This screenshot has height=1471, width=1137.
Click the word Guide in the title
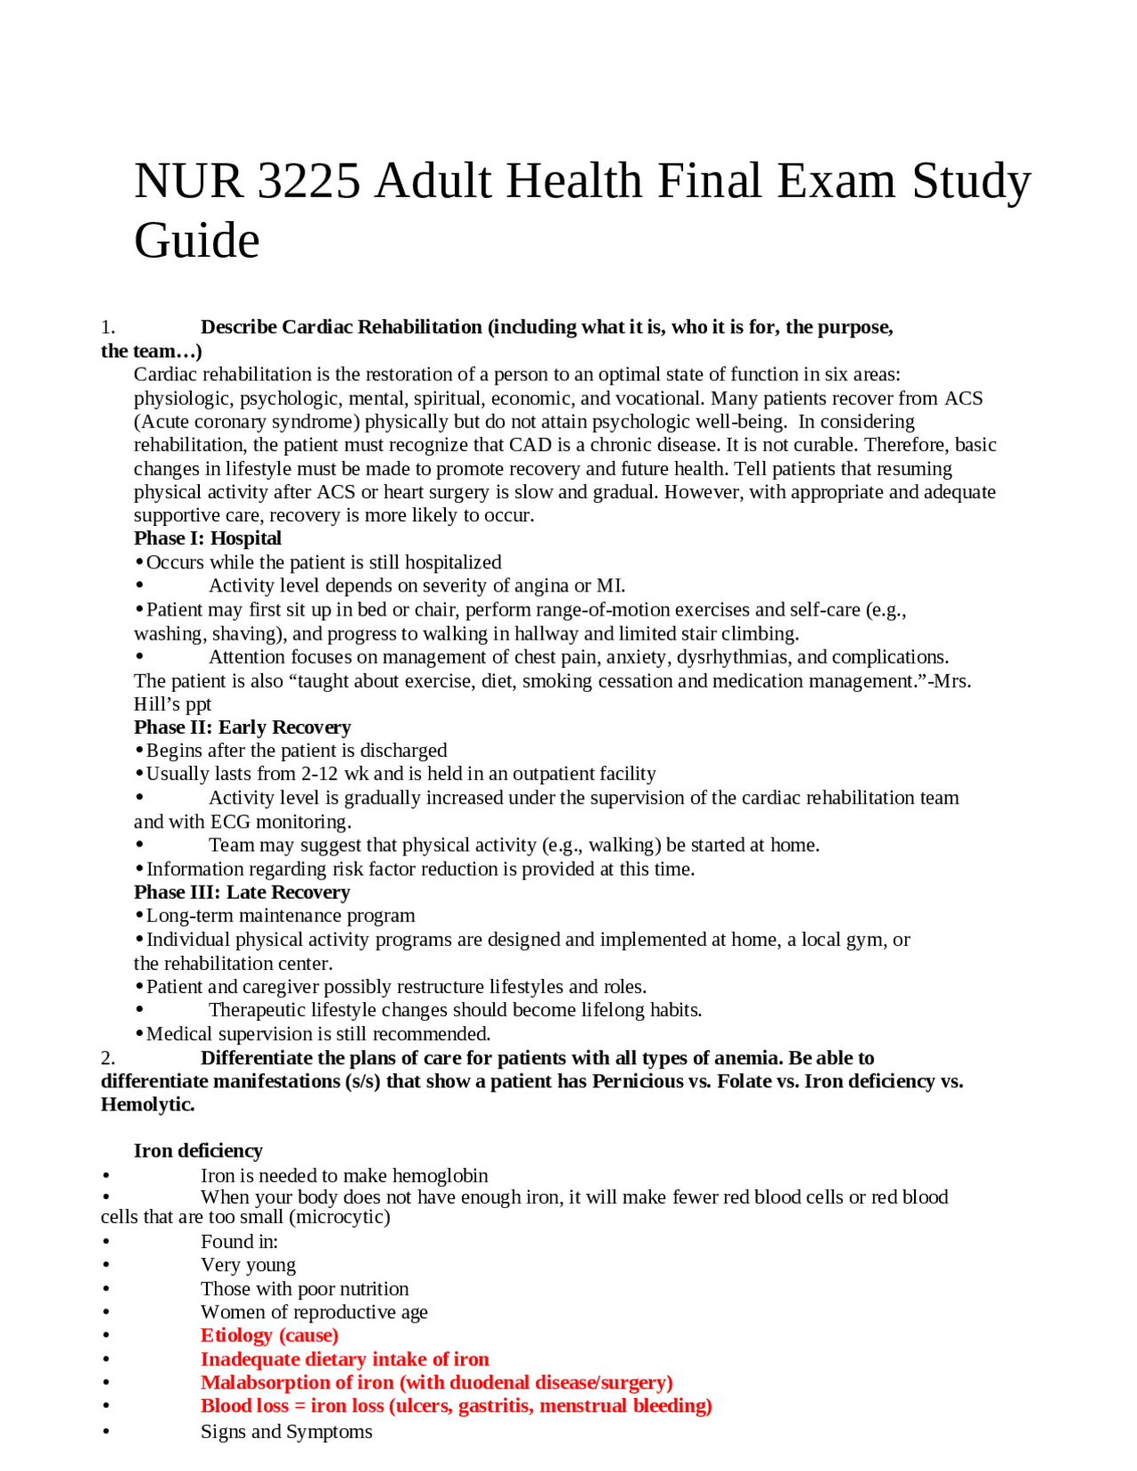pos(196,241)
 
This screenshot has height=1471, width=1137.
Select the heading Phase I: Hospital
pos(207,538)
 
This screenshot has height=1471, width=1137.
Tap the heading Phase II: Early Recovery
pos(242,727)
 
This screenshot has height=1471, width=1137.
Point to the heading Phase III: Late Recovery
pos(242,892)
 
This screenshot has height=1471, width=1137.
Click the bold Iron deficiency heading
pos(198,1150)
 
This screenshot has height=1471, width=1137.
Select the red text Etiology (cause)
pos(269,1335)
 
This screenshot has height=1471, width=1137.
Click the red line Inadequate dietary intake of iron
pos(345,1359)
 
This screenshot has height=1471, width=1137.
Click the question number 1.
pos(107,327)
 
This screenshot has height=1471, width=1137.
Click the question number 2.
pos(107,1058)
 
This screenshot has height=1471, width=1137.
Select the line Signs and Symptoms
pos(286,1431)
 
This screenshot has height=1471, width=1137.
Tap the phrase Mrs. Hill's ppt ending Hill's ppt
pos(172,704)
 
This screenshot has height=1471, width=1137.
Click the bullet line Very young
pos(248,1264)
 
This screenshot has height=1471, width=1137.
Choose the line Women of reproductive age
pos(314,1312)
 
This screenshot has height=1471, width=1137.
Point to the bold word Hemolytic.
pos(147,1104)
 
